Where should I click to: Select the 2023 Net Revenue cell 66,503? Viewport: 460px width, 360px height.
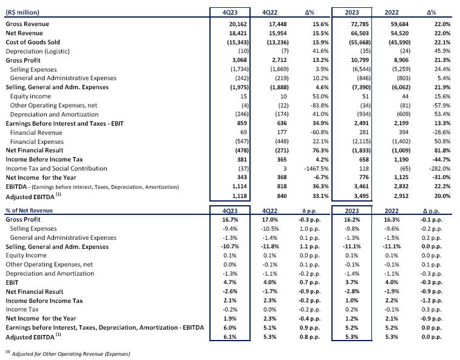[360, 33]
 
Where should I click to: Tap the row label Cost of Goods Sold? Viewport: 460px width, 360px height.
[33, 42]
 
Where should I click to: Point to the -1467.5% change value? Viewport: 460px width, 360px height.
[316, 169]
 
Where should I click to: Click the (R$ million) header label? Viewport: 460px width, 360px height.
[22, 12]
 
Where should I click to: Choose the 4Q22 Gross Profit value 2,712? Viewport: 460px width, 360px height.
[278, 60]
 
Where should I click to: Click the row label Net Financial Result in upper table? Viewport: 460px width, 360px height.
[35, 150]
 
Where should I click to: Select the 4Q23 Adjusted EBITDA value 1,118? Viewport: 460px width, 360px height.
[239, 195]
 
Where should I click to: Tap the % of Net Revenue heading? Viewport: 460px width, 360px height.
[29, 211]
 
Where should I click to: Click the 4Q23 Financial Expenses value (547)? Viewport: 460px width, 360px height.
[242, 141]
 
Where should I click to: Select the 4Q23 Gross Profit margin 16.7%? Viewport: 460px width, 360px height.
[230, 220]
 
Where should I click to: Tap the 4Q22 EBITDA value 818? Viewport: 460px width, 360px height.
[282, 186]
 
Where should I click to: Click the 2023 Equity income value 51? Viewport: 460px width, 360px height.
[365, 97]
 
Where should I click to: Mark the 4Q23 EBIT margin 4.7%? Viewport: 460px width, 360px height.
[230, 282]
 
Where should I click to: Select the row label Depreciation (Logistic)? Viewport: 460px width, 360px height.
[38, 52]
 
